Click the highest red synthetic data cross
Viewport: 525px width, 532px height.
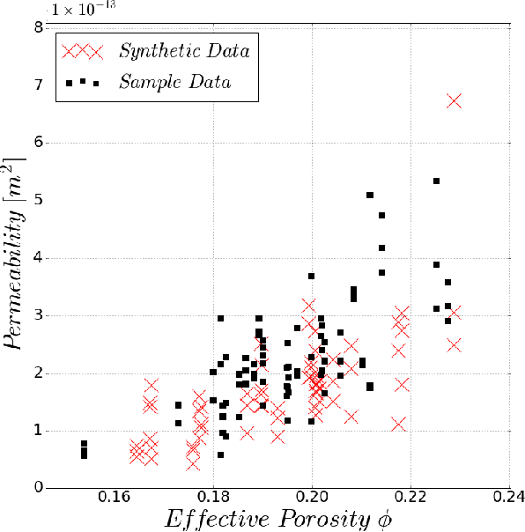coord(454,101)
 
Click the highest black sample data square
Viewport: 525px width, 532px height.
coord(436,181)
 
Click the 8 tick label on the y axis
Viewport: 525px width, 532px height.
coord(40,27)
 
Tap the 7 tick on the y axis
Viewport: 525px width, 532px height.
coord(40,85)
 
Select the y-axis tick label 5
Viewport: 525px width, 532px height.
coord(40,200)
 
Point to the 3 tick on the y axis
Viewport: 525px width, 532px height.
coord(40,315)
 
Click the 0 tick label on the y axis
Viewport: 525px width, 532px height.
coord(40,488)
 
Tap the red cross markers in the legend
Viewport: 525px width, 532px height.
coord(83,50)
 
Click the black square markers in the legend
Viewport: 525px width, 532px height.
coord(83,83)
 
